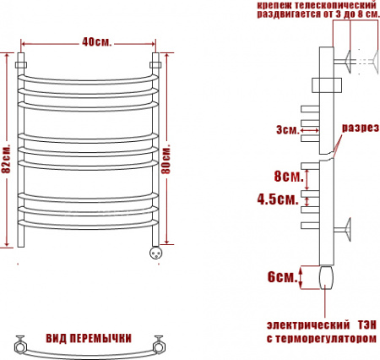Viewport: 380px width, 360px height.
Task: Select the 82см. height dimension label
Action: [x=7, y=155]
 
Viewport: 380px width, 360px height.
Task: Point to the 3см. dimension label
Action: [x=286, y=129]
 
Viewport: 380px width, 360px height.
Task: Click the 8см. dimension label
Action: [x=286, y=177]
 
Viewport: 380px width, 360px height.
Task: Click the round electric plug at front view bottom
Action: [x=155, y=251]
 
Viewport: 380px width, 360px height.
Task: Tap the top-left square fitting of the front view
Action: [x=21, y=63]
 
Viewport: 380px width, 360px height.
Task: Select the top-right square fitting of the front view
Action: [x=155, y=63]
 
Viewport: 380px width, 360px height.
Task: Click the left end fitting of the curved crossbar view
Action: [x=20, y=343]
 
